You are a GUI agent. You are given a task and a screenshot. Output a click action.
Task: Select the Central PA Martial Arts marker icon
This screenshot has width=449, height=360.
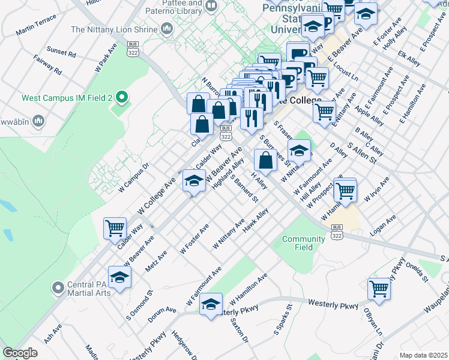point(58,287)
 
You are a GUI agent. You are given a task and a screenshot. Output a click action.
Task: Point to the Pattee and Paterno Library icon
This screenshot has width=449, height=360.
point(211,7)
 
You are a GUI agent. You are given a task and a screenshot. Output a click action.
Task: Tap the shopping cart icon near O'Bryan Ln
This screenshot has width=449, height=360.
point(379,289)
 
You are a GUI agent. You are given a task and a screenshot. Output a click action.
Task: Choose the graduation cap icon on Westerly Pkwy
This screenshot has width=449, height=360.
point(211,304)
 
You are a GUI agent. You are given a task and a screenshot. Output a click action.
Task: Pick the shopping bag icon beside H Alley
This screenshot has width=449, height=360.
point(265,160)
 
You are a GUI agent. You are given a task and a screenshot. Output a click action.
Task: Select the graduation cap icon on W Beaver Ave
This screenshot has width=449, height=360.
point(193,180)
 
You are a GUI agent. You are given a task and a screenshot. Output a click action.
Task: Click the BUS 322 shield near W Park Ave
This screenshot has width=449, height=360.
point(133,50)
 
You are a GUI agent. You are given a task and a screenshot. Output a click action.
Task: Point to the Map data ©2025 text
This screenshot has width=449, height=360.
point(423,355)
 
